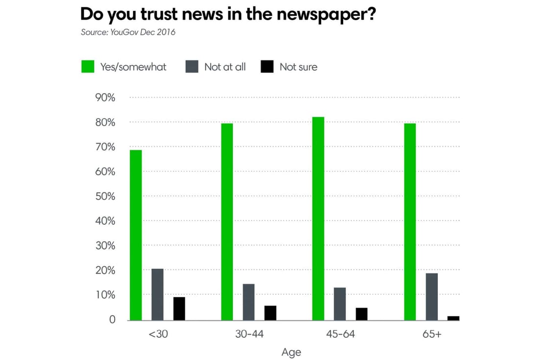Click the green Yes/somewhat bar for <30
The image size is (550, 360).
coord(136,235)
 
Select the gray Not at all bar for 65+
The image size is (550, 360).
coord(431,296)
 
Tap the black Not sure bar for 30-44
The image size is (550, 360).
coord(270,313)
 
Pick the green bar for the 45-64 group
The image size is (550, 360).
coord(318,218)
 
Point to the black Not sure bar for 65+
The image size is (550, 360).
coord(453,318)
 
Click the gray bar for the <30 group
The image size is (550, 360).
coord(157,294)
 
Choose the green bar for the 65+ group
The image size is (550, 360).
coord(410,221)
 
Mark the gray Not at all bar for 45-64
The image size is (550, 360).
coord(340,304)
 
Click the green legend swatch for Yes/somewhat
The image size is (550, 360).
coord(88,67)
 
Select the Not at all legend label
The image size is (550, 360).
coord(225,67)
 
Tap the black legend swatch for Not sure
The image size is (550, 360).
coord(267,67)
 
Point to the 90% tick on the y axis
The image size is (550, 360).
coord(105,97)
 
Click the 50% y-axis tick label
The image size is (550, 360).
coord(105,196)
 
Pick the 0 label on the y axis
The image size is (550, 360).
coord(112,320)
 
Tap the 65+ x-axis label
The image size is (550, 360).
coord(432,335)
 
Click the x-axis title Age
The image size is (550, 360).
coord(291,352)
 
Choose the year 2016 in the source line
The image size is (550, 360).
coord(166,32)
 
